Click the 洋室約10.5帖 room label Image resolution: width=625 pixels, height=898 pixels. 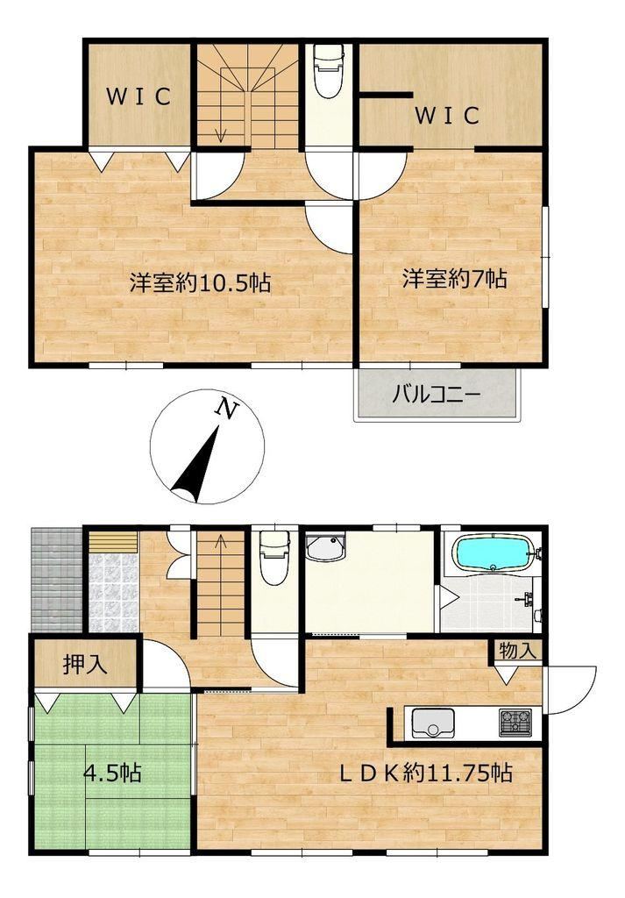point(200,282)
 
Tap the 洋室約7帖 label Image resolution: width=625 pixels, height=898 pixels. point(454,279)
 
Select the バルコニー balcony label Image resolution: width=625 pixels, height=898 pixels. point(437,395)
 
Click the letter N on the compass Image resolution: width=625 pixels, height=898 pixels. point(227,409)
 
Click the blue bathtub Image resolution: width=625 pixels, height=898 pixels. point(494,552)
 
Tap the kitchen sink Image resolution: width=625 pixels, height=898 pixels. point(433,723)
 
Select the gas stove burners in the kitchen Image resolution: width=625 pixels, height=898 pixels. point(515,722)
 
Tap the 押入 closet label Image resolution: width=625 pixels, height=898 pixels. point(85,665)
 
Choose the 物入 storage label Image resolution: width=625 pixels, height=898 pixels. point(517,651)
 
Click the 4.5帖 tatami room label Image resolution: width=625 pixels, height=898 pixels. point(112,773)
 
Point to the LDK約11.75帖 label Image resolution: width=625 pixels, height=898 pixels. point(425,773)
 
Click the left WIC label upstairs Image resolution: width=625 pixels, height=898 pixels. point(138,96)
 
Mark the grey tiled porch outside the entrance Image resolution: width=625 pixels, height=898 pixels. point(57,580)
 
